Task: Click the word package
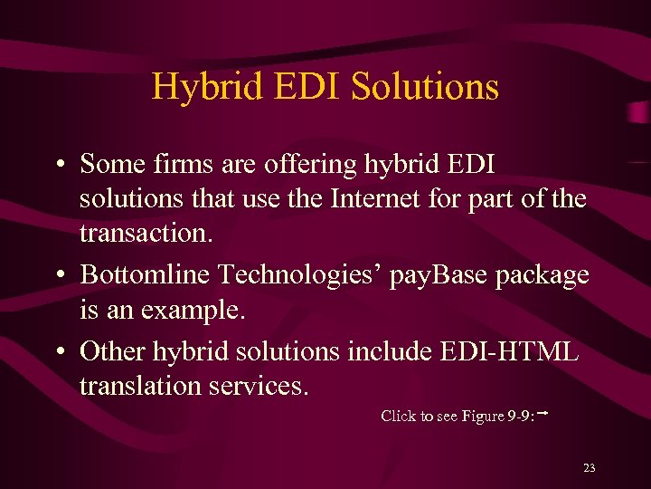pos(540,276)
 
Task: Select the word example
pos(198,311)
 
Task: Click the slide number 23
pos(590,468)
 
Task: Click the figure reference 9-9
pos(521,417)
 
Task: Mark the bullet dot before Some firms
pos(57,166)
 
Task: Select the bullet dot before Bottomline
pos(57,275)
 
